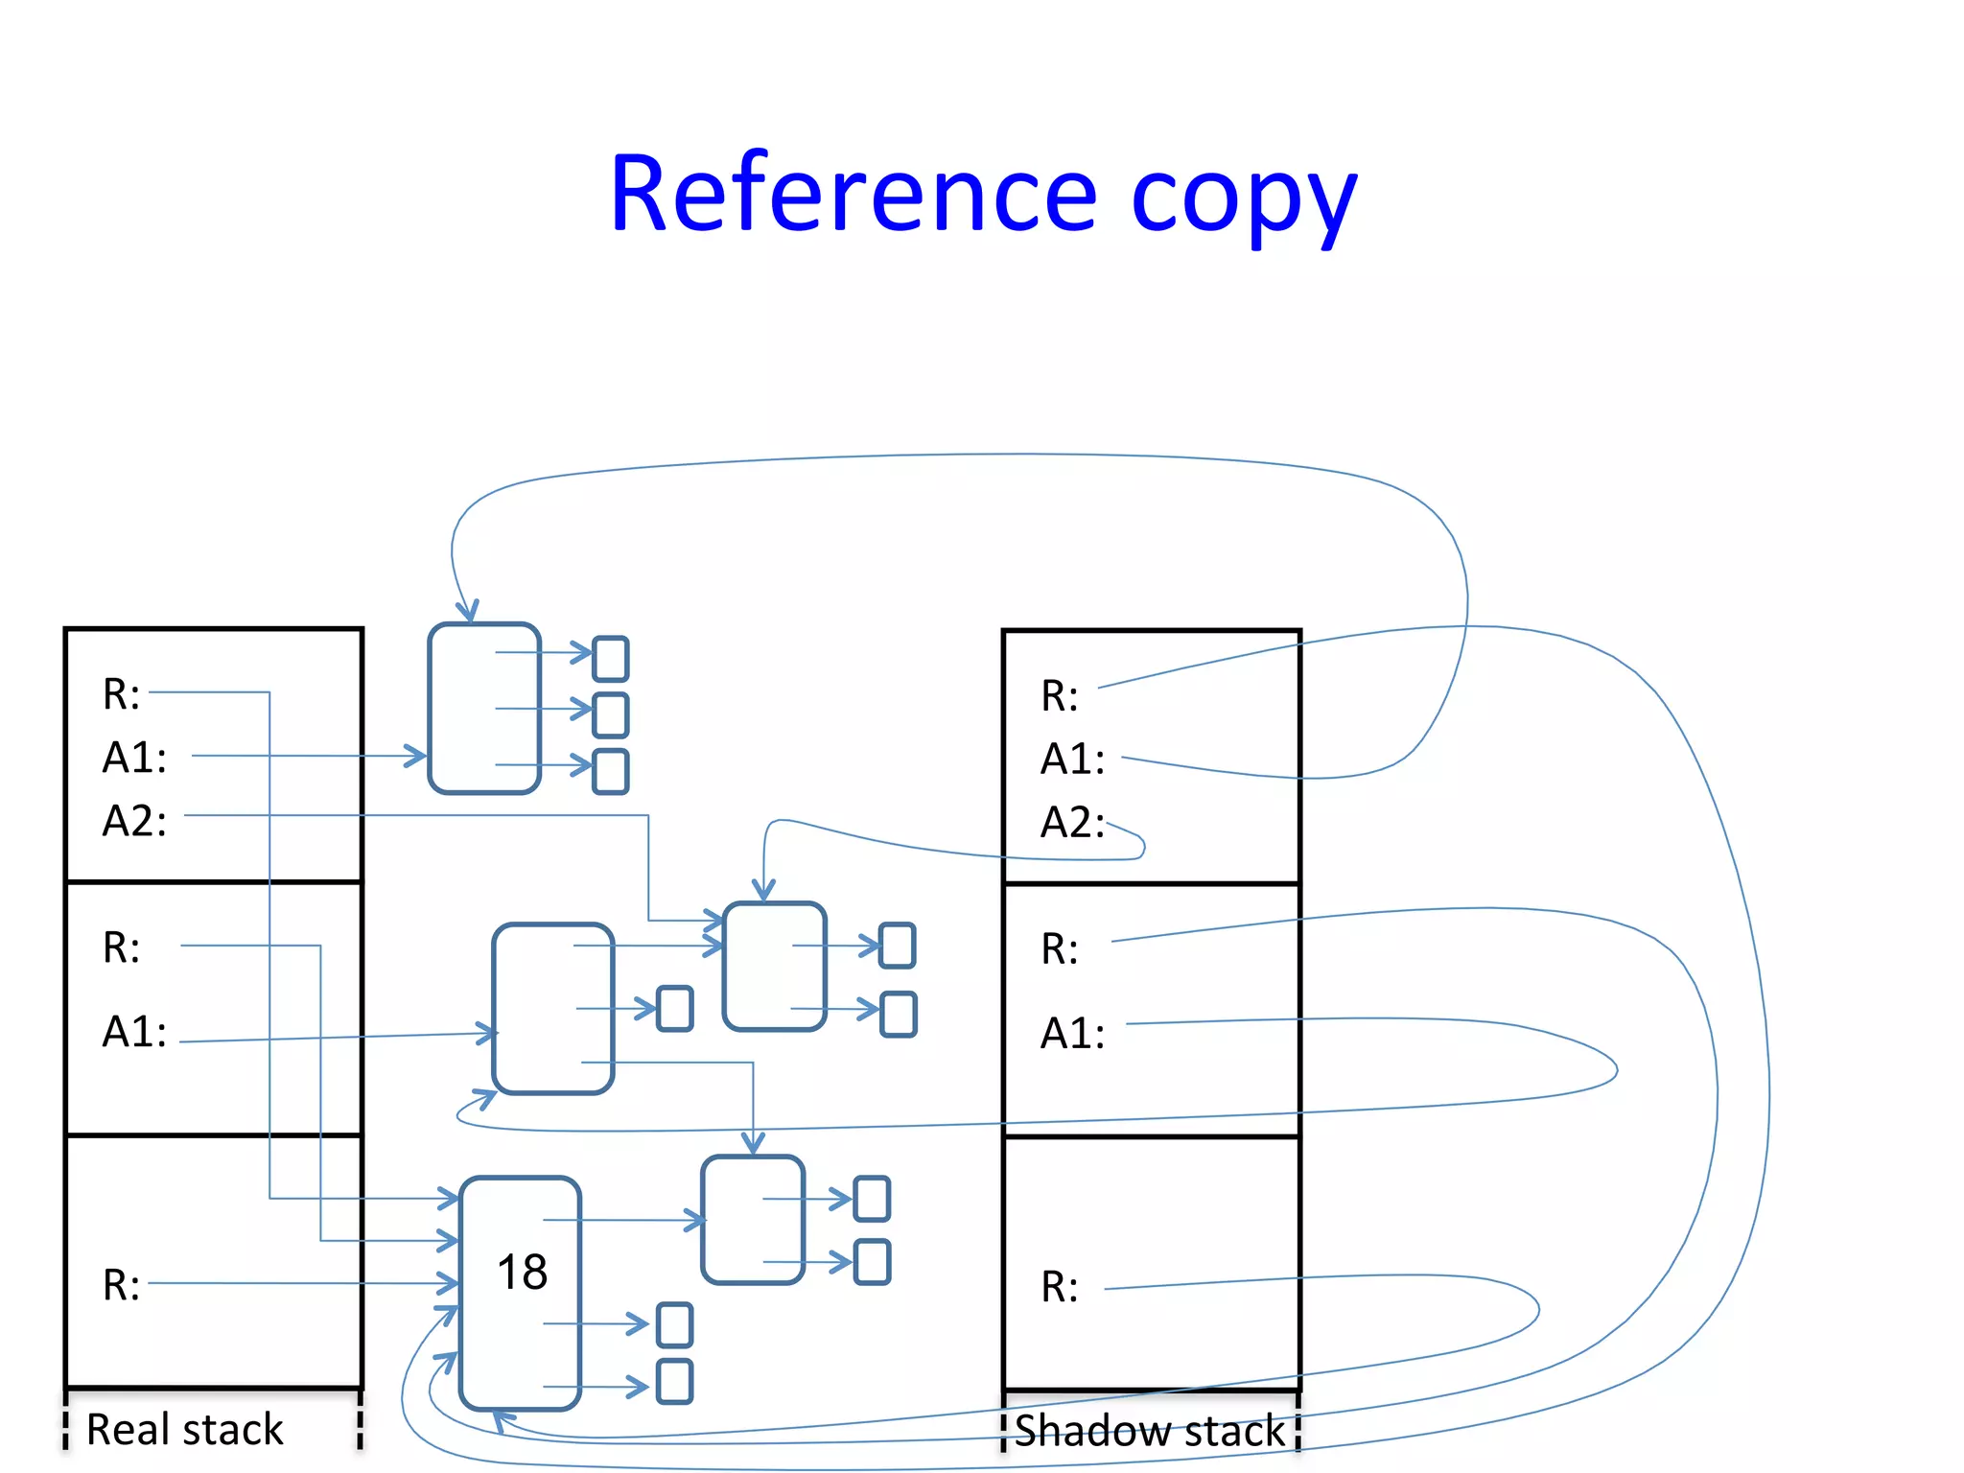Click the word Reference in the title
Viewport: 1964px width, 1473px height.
coord(853,195)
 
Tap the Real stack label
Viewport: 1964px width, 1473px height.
coord(184,1429)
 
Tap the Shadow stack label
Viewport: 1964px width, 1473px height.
coord(1149,1431)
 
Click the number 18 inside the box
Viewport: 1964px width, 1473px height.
coord(522,1273)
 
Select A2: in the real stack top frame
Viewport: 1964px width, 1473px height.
coord(134,822)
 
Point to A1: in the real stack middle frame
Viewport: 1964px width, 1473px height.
coord(134,1033)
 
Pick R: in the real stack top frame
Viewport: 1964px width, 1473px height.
coord(121,694)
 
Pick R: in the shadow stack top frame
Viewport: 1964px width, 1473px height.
coord(1060,696)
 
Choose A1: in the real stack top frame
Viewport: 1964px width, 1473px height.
coord(134,758)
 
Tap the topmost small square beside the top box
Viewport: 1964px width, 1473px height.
coord(611,659)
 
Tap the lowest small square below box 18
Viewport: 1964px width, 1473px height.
coord(674,1381)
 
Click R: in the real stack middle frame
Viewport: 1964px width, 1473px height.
coord(121,947)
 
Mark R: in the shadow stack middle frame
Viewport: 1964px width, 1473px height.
coord(1060,949)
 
